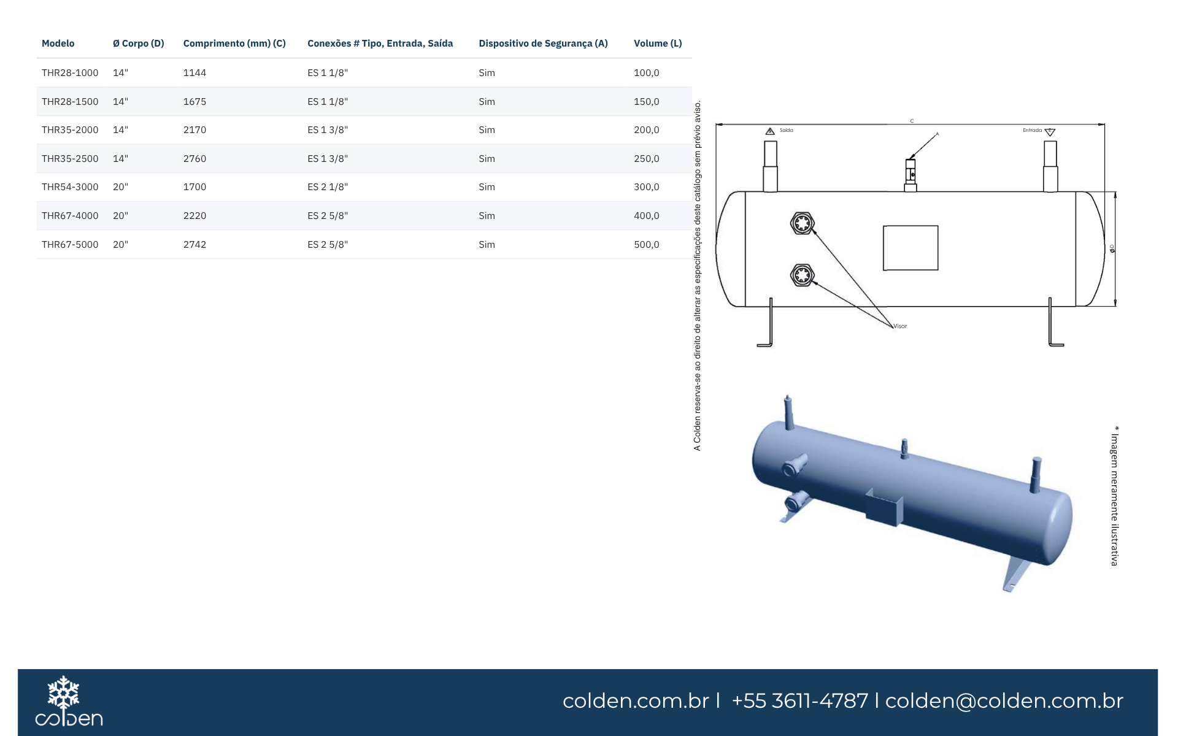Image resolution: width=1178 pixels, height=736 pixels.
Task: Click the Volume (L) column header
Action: click(658, 44)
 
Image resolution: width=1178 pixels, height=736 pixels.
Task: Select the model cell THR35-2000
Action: click(70, 130)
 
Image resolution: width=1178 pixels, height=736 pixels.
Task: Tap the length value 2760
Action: click(194, 159)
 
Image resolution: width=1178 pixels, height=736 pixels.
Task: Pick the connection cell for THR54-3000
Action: click(328, 187)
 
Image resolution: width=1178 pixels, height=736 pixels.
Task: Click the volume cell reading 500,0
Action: click(647, 245)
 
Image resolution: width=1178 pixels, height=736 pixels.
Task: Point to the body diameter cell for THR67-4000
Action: click(120, 216)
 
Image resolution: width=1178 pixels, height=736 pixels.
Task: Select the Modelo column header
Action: click(58, 44)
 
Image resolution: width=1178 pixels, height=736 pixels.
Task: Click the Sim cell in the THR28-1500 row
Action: click(487, 102)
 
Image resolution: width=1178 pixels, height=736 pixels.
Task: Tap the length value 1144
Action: click(194, 73)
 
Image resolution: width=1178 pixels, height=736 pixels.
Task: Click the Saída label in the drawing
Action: click(787, 131)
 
